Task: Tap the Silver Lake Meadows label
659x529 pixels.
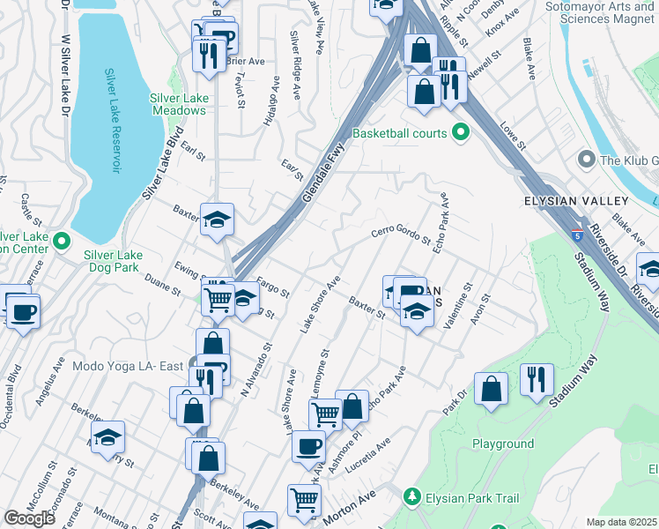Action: (x=177, y=104)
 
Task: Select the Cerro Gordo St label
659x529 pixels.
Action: (x=400, y=235)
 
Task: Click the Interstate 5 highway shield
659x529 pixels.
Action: (x=577, y=235)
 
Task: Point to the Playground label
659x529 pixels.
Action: (x=503, y=443)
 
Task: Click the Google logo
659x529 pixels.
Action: (x=29, y=518)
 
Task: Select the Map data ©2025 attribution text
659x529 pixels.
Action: (x=621, y=522)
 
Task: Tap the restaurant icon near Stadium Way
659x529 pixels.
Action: (x=537, y=378)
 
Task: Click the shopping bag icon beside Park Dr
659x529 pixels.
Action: (x=491, y=388)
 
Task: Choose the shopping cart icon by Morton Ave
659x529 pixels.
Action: (x=304, y=500)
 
